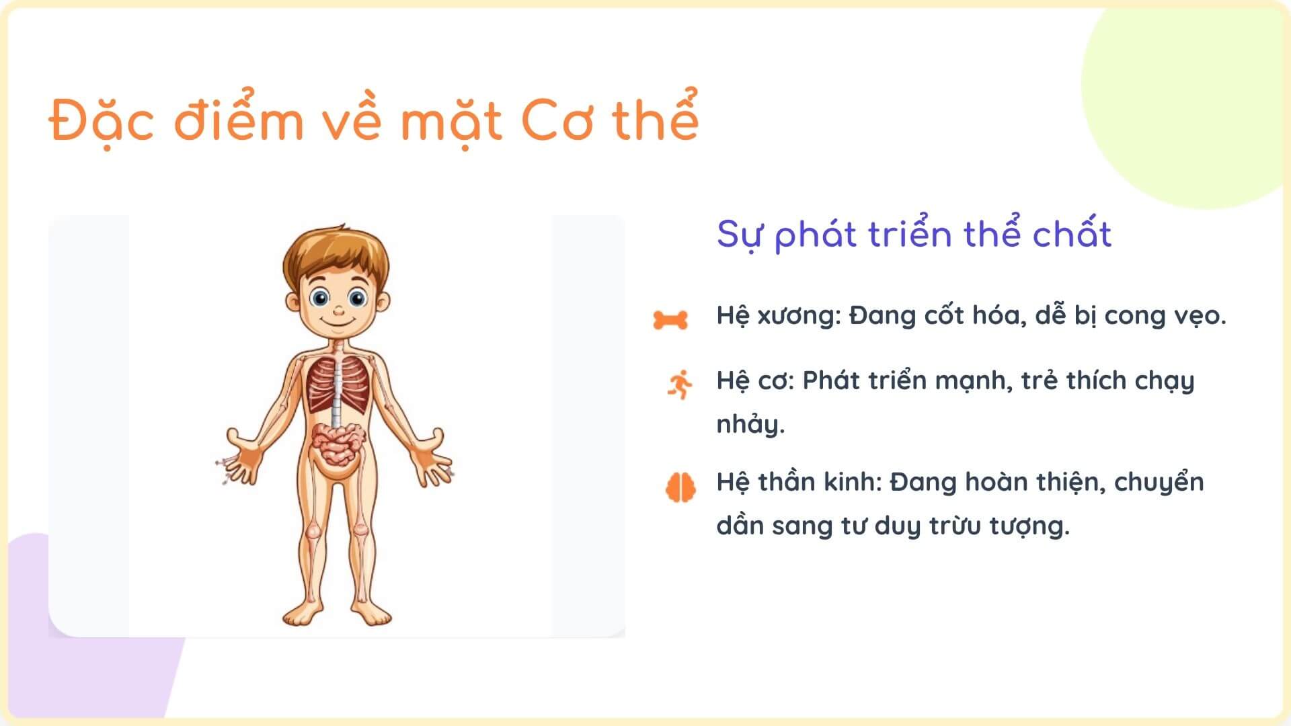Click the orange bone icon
670,320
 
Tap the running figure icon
680,385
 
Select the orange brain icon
680,487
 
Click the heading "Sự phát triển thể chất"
914,235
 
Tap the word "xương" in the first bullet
799,315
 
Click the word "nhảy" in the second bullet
750,425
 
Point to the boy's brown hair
336,252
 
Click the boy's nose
339,311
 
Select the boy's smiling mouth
339,323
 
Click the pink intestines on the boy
338,444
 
